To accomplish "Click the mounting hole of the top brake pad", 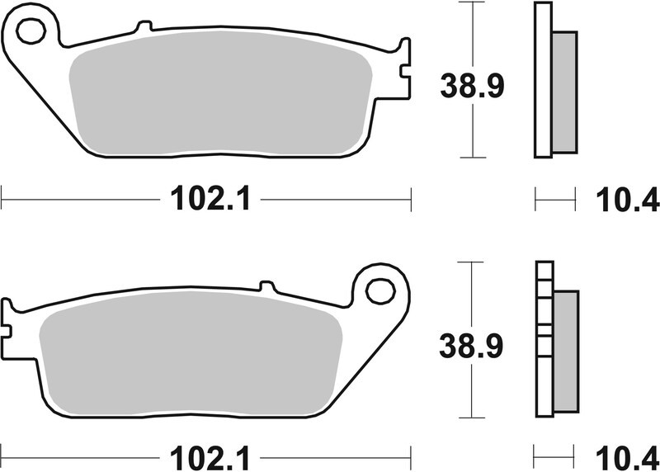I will (31, 32).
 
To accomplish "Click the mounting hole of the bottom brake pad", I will (380, 290).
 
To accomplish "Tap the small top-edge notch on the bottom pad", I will (266, 286).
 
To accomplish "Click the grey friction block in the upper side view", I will (563, 92).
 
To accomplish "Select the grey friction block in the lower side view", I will (566, 351).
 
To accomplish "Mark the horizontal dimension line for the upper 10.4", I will (554, 198).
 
